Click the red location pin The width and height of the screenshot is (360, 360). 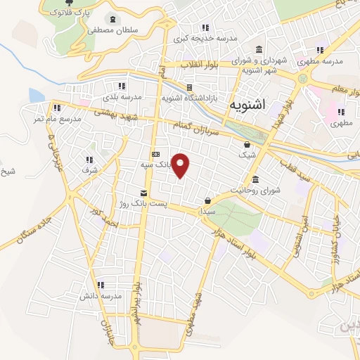[x=181, y=165]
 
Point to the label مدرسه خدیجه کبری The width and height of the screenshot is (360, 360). [x=205, y=37]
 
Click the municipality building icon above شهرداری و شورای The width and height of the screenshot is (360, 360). [x=259, y=50]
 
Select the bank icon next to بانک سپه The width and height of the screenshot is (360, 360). [x=155, y=155]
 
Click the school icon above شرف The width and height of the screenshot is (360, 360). [x=89, y=160]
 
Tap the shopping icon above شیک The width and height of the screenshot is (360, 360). [x=246, y=145]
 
